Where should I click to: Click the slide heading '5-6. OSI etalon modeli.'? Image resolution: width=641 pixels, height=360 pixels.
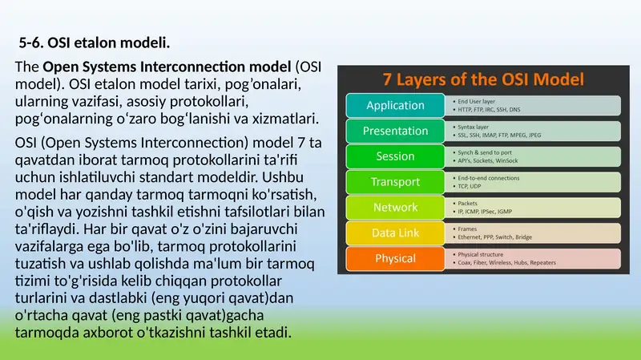click(95, 41)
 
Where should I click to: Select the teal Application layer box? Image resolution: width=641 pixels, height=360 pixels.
click(394, 106)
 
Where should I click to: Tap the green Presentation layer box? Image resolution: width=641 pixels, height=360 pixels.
click(394, 131)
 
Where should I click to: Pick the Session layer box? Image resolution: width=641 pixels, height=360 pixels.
click(394, 156)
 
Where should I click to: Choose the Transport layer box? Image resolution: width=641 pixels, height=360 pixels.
click(394, 182)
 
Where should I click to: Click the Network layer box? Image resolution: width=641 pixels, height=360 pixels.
click(394, 208)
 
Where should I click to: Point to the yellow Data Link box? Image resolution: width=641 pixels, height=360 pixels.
click(394, 233)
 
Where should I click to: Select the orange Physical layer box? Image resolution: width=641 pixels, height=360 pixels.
click(394, 258)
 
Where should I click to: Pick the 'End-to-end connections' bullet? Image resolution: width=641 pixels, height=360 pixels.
click(493, 178)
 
